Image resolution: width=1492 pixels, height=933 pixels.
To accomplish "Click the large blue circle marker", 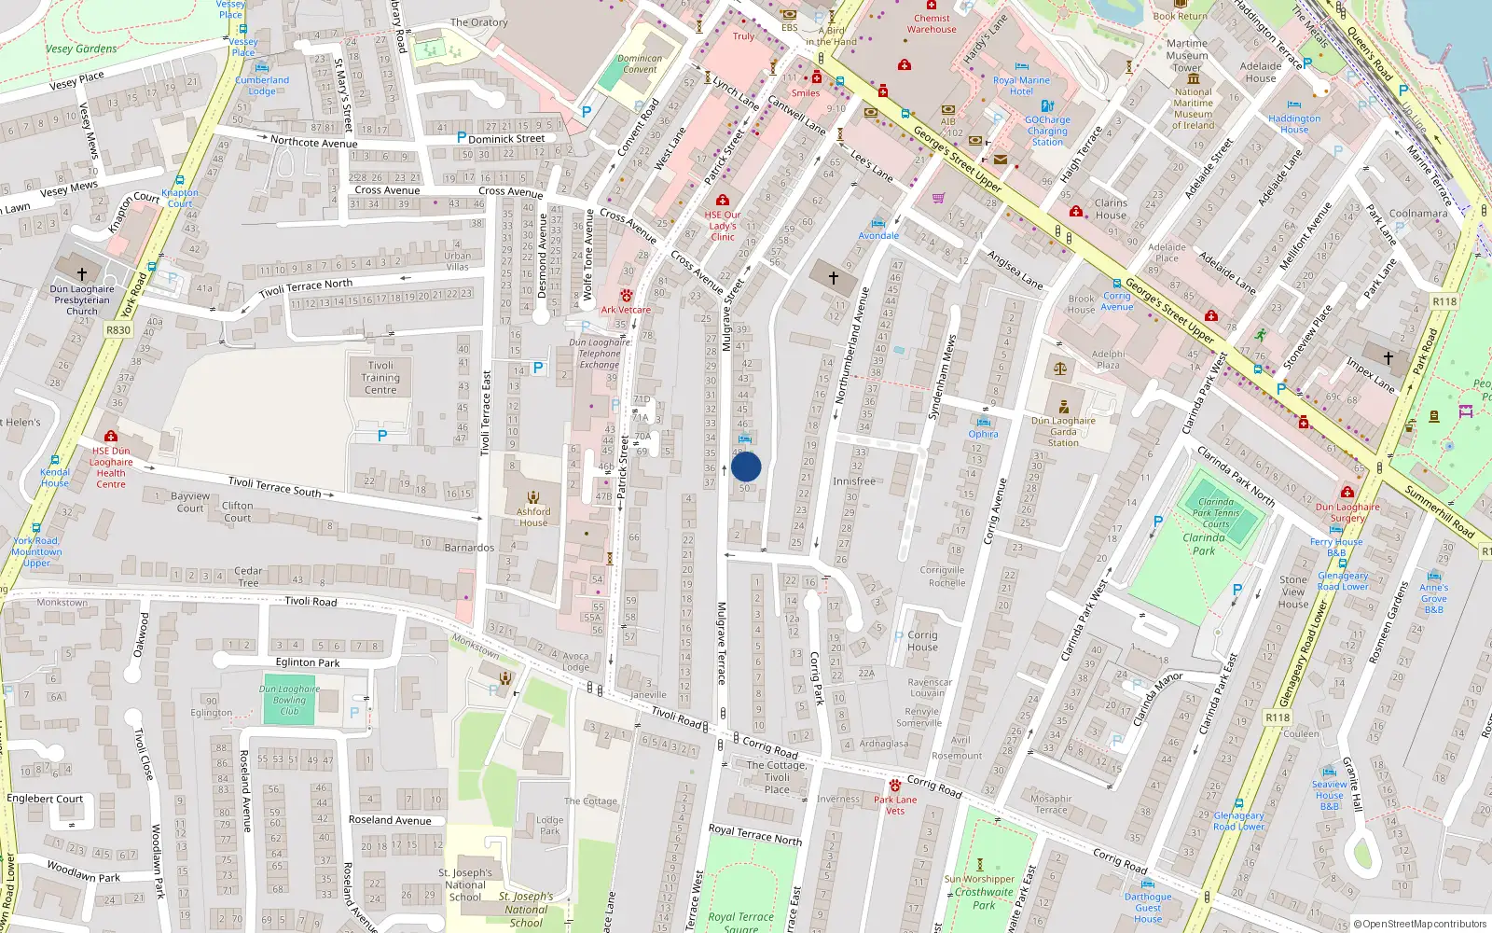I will [746, 466].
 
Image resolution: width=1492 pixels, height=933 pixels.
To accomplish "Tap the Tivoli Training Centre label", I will [380, 378].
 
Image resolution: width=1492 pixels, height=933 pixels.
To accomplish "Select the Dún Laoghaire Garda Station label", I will [1063, 431].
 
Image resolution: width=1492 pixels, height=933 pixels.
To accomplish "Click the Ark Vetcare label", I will [626, 310].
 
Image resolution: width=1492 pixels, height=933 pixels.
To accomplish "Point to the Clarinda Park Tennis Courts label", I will [1216, 512].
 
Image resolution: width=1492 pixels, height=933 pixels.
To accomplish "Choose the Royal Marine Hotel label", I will [1021, 86].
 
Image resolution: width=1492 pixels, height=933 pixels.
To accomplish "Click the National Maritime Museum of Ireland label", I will [1194, 108].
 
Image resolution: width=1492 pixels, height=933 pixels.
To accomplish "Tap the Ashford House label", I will [533, 517].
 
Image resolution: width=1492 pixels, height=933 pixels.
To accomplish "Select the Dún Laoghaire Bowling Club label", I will [289, 700].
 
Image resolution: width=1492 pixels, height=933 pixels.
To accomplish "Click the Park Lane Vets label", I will [895, 805].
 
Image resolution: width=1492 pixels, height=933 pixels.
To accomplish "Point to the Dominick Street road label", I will [506, 139].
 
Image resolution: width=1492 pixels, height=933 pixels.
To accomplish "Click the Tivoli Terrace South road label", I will [275, 486].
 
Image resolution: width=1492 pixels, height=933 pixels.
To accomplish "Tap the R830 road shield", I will [118, 330].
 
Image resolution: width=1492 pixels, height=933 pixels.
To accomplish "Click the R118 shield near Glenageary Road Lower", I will [1278, 717].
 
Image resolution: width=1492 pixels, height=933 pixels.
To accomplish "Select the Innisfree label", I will [854, 481].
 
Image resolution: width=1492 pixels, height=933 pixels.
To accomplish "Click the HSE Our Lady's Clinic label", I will [723, 226].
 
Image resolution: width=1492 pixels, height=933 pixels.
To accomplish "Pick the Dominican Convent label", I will [640, 63].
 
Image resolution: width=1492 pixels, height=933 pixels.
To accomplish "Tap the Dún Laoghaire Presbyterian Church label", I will [82, 299].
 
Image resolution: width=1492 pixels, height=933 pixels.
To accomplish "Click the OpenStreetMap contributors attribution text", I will [1419, 924].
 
